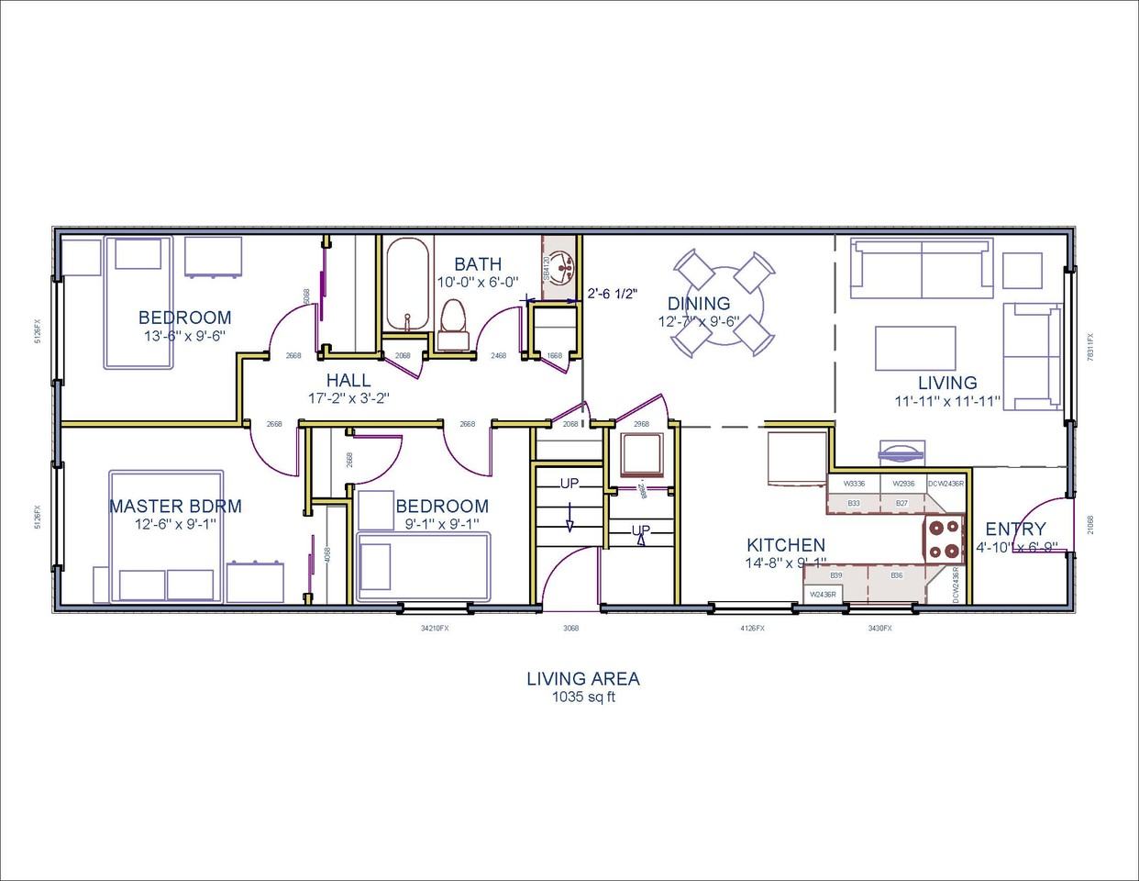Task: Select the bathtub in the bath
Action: [x=405, y=284]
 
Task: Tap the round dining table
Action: [x=720, y=305]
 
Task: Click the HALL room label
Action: [x=348, y=380]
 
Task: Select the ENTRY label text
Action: [x=1015, y=529]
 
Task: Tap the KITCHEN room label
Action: [x=785, y=545]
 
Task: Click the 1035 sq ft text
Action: [x=582, y=697]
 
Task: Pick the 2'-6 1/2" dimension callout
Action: [x=613, y=295]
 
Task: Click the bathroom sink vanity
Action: [x=561, y=266]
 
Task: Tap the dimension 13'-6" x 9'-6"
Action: [x=184, y=336]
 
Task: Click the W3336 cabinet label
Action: [x=853, y=483]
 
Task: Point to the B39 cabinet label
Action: [x=835, y=575]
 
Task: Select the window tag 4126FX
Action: [x=752, y=629]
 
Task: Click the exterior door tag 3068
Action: [x=570, y=629]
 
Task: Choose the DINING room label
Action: [x=699, y=304]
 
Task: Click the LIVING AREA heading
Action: [x=582, y=679]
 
